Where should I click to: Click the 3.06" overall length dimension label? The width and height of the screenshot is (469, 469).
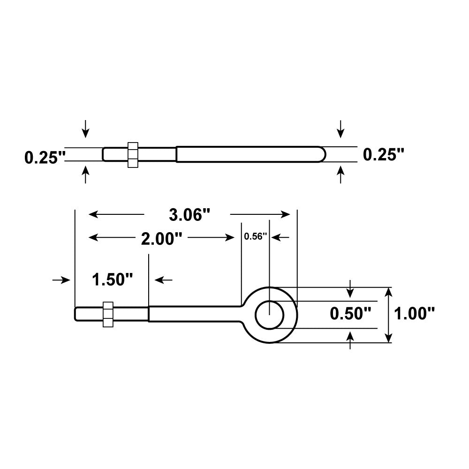tap(189, 215)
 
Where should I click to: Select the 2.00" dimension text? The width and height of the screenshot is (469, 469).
tap(161, 239)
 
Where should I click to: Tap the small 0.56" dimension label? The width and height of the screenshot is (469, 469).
tap(255, 236)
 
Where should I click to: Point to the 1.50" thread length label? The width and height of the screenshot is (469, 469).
tap(113, 280)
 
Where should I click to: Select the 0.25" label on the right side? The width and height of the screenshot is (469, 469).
tap(384, 154)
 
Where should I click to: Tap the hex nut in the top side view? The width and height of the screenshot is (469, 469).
tap(133, 154)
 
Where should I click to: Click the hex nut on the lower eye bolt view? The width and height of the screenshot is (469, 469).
tap(108, 314)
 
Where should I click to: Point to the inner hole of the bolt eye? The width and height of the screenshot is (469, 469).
tap(269, 314)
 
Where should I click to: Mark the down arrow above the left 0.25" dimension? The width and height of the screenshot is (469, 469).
tap(85, 129)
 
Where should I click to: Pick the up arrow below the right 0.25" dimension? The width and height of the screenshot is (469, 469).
tap(341, 175)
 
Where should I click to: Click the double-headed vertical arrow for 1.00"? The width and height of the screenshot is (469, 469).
tap(388, 315)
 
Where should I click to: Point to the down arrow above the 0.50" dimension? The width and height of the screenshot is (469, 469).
tap(350, 289)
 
